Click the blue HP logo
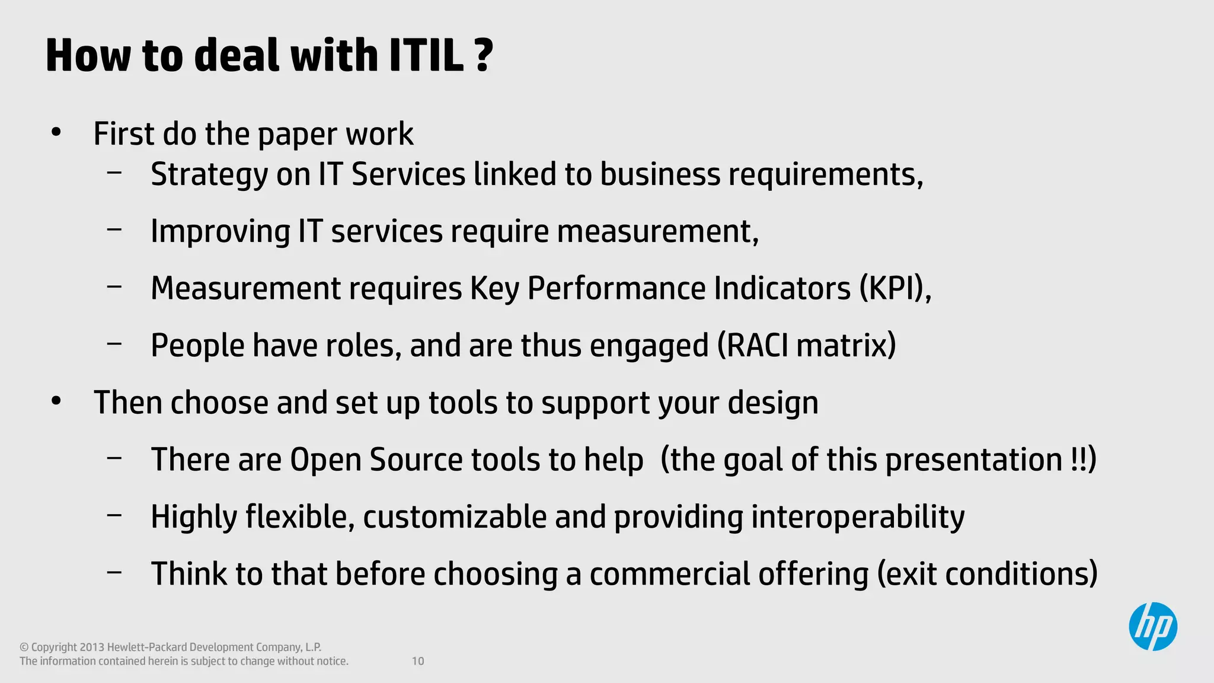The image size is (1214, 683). click(1152, 627)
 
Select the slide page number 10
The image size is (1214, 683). click(418, 661)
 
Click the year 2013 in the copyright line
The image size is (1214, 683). click(92, 647)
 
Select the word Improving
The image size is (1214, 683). click(220, 231)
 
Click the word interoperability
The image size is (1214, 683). click(857, 516)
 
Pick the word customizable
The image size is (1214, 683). click(455, 516)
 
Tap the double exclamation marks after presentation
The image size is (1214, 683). click(1079, 459)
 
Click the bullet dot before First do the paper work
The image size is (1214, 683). click(56, 133)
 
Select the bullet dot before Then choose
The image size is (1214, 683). click(56, 401)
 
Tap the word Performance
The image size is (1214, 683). click(616, 288)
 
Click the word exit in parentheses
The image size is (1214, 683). click(912, 574)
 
